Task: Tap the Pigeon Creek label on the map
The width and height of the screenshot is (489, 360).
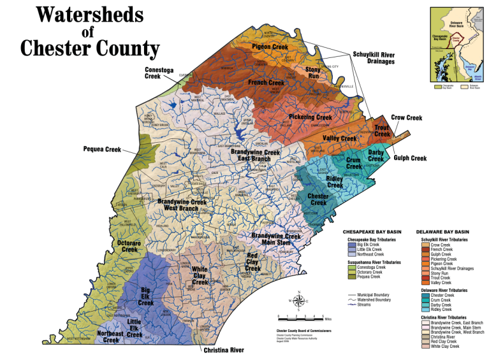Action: coord(270,47)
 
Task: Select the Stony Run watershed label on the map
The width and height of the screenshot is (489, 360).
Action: coord(313,72)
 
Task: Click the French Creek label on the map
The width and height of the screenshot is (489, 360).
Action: coord(266,82)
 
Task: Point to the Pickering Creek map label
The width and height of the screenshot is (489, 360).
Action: coord(310,117)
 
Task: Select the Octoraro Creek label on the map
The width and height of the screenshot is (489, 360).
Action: coord(129,246)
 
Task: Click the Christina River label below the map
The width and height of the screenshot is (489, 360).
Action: coord(224,350)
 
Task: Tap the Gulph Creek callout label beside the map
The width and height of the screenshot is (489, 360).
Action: coord(410,158)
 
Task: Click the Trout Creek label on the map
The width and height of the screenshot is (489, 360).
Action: coord(382,131)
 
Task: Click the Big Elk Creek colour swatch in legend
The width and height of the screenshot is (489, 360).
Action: coord(351,243)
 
